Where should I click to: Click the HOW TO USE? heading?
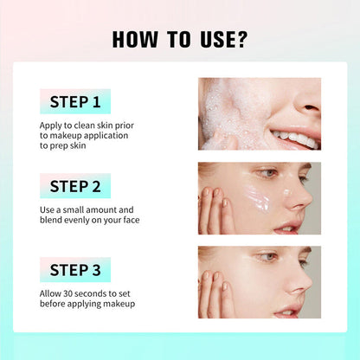point(180,40)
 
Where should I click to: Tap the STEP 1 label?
point(75,102)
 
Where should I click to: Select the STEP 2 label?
point(75,186)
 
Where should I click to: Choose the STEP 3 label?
point(75,270)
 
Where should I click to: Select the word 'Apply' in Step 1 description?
point(50,124)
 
